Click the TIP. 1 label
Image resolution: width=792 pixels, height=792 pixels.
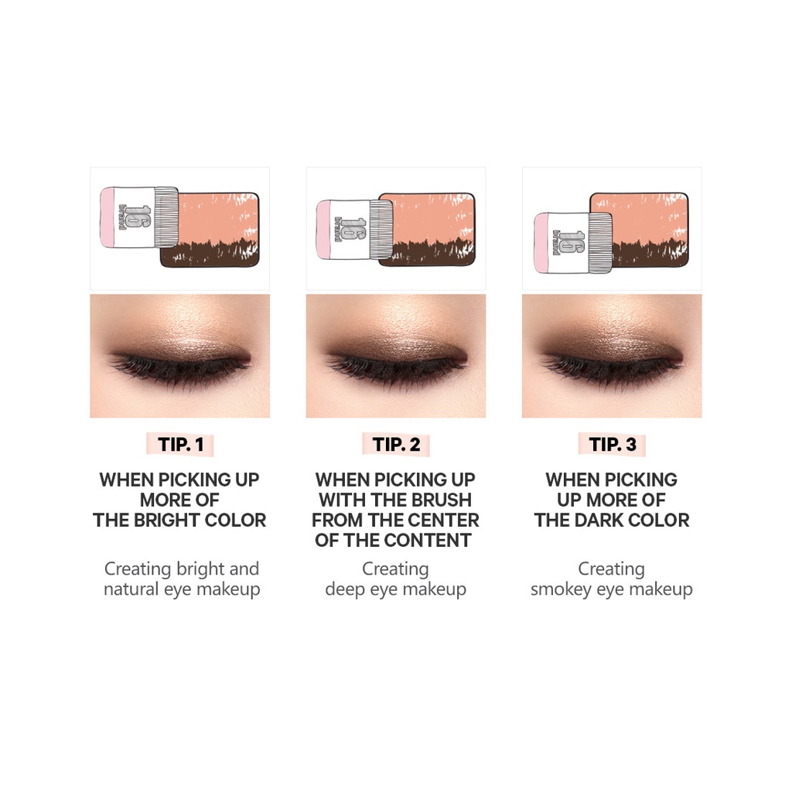(180, 445)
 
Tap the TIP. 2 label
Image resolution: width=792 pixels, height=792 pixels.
(396, 445)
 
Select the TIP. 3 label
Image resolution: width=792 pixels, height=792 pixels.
(613, 445)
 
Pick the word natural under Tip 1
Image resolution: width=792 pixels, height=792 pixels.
(133, 589)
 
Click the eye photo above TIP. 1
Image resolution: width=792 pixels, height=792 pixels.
(179, 356)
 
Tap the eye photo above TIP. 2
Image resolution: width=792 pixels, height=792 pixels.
(396, 356)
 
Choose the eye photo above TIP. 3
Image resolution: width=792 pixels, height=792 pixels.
(612, 356)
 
